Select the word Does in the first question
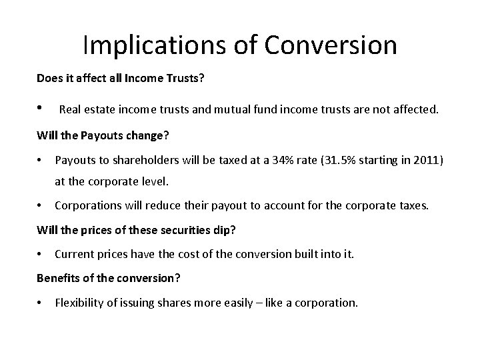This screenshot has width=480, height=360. [x=48, y=78]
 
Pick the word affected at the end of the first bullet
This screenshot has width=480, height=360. [x=413, y=109]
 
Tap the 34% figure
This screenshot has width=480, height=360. [x=285, y=161]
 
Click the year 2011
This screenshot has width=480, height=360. [x=425, y=161]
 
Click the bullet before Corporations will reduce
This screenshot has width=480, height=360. [x=41, y=206]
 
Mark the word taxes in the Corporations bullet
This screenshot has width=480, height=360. [x=413, y=206]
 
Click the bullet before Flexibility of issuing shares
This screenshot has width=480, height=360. [x=41, y=302]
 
